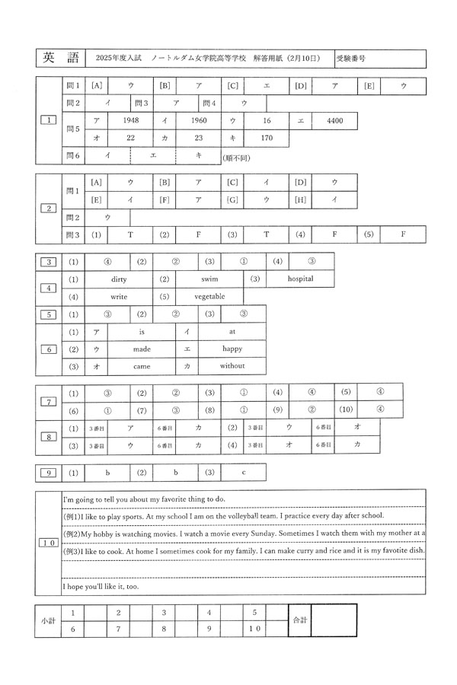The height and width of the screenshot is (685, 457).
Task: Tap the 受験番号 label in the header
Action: pyautogui.click(x=351, y=58)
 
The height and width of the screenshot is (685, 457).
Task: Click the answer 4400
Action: pyautogui.click(x=336, y=121)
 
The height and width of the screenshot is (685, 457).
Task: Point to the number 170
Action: pyautogui.click(x=267, y=139)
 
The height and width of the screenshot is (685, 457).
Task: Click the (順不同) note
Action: pyautogui.click(x=236, y=158)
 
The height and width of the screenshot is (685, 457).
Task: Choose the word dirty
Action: pyautogui.click(x=118, y=279)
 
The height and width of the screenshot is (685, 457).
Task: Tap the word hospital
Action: pyautogui.click(x=300, y=279)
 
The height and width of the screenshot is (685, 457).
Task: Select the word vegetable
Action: pyautogui.click(x=209, y=296)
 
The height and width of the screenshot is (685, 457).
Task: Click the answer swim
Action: pyautogui.click(x=209, y=279)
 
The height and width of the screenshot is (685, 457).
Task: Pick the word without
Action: pyautogui.click(x=232, y=366)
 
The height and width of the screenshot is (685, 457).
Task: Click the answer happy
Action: pyautogui.click(x=232, y=349)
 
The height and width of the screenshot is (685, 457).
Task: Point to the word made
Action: pyautogui.click(x=142, y=349)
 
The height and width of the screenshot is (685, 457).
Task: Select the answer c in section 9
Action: pyautogui.click(x=243, y=473)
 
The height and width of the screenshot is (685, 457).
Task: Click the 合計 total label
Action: pyautogui.click(x=300, y=620)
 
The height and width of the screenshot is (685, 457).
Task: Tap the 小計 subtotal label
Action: pyautogui.click(x=48, y=620)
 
